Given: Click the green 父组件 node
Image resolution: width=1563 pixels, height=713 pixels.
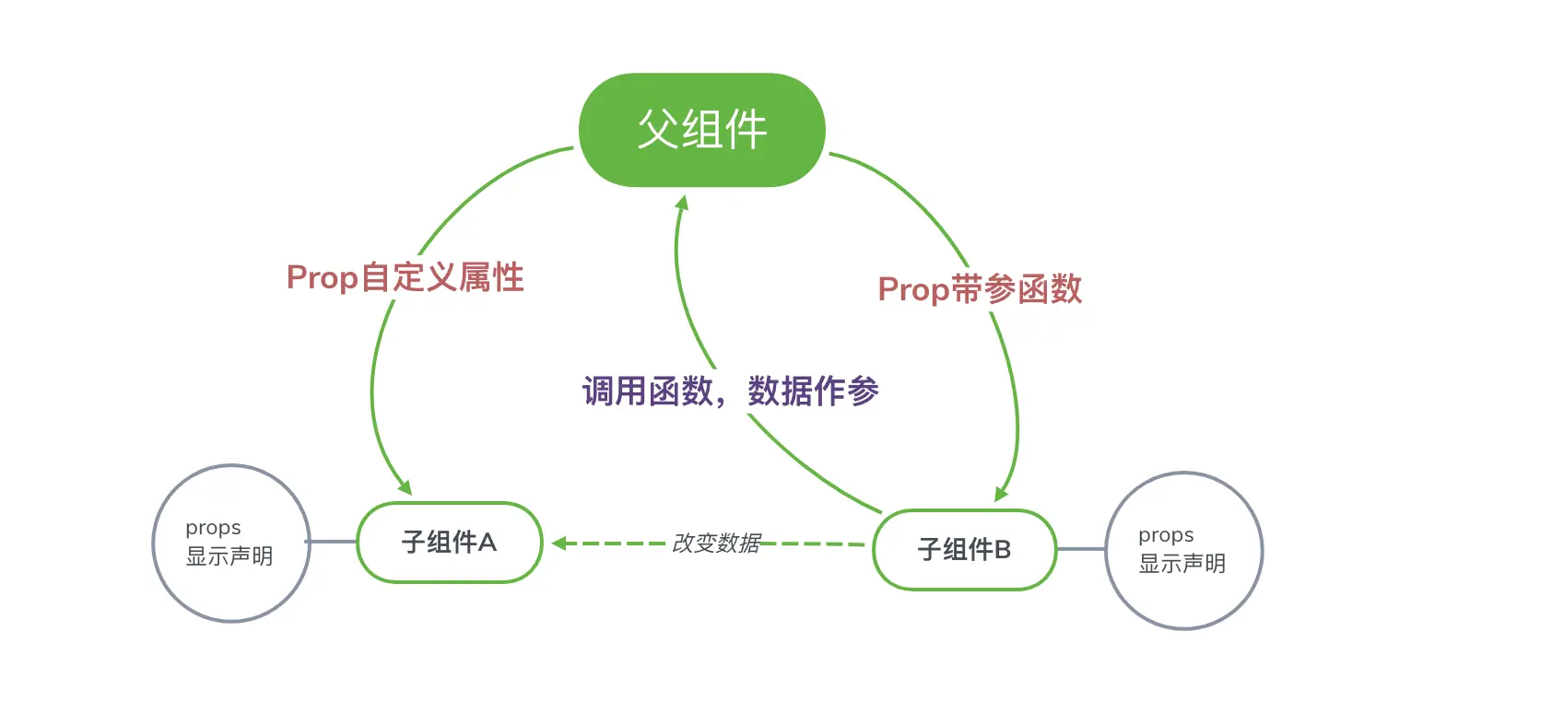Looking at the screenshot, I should [701, 130].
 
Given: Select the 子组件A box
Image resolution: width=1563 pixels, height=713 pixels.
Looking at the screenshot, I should [449, 543].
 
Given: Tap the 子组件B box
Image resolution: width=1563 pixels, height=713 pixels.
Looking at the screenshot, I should [964, 550].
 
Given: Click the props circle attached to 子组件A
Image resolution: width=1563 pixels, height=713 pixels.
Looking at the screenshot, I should [230, 544].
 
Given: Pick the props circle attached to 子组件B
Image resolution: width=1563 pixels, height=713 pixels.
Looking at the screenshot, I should [1183, 551].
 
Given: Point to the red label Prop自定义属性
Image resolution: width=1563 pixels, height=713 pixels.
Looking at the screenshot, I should [405, 277].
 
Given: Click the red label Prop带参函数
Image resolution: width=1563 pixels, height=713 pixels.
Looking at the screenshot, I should [980, 289].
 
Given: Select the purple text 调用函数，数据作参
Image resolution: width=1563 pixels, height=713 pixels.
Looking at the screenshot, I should [730, 392].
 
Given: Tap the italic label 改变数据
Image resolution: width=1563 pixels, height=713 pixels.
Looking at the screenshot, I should [716, 544].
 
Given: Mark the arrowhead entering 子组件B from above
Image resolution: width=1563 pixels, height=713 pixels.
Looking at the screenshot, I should [1002, 494].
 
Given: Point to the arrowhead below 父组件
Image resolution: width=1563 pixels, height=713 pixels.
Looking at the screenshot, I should [682, 203].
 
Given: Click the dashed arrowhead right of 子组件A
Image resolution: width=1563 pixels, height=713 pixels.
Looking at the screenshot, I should [559, 544].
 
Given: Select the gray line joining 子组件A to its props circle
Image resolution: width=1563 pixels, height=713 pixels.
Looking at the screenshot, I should [333, 542].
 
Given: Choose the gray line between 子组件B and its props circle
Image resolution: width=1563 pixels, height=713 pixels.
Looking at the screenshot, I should [1080, 549].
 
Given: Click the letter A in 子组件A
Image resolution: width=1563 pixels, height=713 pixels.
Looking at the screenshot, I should [487, 543].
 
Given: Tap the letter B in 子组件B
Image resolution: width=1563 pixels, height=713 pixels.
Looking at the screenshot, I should [1002, 550].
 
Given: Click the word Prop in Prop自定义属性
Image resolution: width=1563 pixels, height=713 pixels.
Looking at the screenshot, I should [322, 277].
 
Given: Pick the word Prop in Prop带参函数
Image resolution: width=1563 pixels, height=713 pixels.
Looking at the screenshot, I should [913, 289].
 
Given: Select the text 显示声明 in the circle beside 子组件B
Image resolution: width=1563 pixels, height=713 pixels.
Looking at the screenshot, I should [1181, 564].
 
